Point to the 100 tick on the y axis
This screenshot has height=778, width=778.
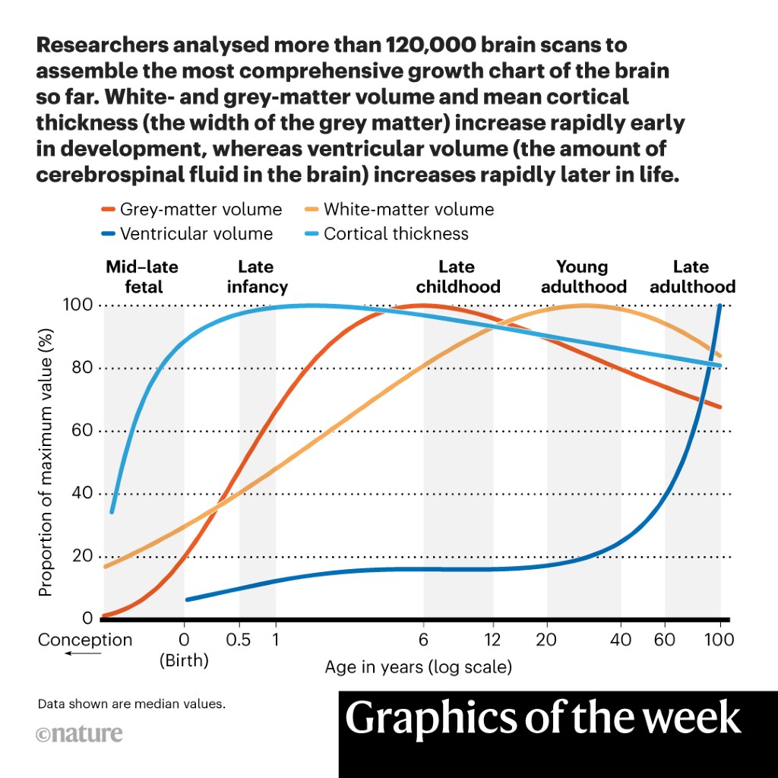pyautogui.click(x=77, y=305)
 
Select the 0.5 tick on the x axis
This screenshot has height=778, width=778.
pyautogui.click(x=239, y=640)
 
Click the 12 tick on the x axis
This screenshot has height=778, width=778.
pyautogui.click(x=492, y=640)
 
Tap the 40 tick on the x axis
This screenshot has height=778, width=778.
pyautogui.click(x=621, y=640)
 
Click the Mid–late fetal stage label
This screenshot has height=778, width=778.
pyautogui.click(x=142, y=277)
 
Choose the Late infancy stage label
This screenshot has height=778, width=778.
pyautogui.click(x=257, y=277)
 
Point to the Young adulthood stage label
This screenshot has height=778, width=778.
pyautogui.click(x=582, y=277)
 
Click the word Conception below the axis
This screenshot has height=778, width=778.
pyautogui.click(x=85, y=640)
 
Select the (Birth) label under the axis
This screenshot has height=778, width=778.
pyautogui.click(x=184, y=660)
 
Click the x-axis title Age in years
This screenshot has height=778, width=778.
pyautogui.click(x=418, y=668)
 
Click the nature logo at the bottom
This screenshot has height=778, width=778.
pyautogui.click(x=79, y=735)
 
